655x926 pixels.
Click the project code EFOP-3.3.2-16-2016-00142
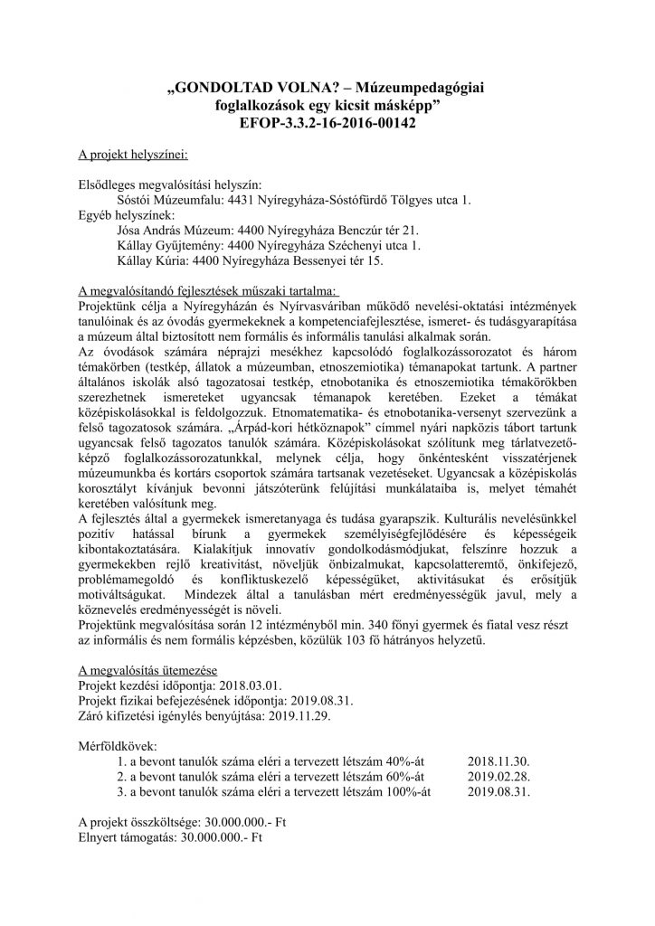327,122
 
